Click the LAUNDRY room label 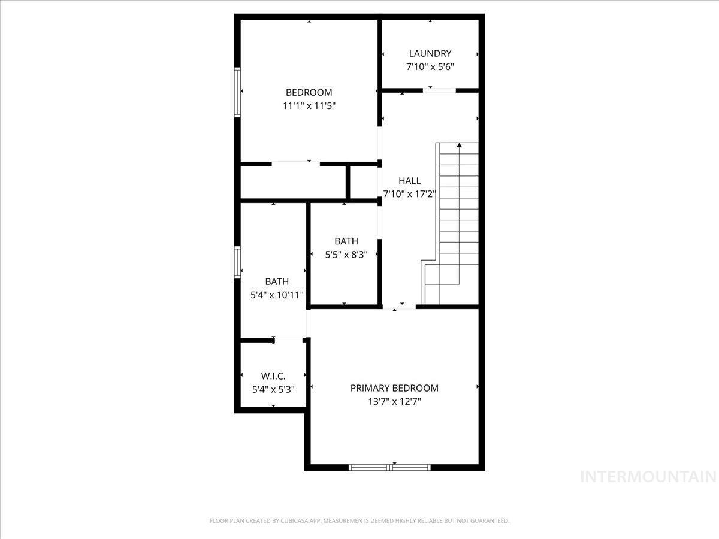430,53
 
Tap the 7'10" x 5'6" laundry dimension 430,67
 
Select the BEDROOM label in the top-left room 309,92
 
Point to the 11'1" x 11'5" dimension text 309,106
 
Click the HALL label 410,180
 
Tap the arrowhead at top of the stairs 459,145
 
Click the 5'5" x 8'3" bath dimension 346,254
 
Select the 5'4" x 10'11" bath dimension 277,295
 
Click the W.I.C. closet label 273,376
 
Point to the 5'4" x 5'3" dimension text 273,389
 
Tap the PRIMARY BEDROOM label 394,388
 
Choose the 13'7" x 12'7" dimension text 394,402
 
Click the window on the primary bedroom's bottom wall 390,467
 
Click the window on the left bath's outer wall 237,262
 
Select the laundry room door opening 439,90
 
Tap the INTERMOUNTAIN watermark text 649,477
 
